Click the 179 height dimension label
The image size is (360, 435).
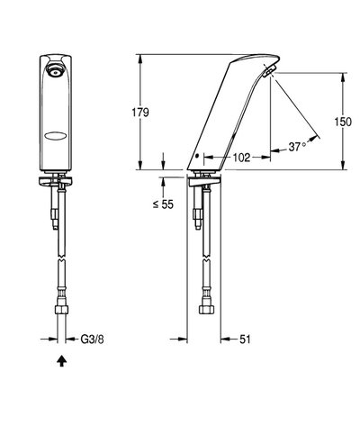tap(140, 113)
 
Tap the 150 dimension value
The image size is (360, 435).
tap(343, 122)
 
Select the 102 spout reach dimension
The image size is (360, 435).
tap(241, 158)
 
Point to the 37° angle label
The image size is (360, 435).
tap(297, 147)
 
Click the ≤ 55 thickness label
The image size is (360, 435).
tap(163, 204)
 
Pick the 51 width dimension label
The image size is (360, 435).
tap(245, 340)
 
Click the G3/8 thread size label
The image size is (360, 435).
tap(92, 340)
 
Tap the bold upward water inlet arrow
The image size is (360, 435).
tap(62, 361)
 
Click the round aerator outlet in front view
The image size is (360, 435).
tap(56, 70)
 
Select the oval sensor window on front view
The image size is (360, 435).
tap(56, 136)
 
